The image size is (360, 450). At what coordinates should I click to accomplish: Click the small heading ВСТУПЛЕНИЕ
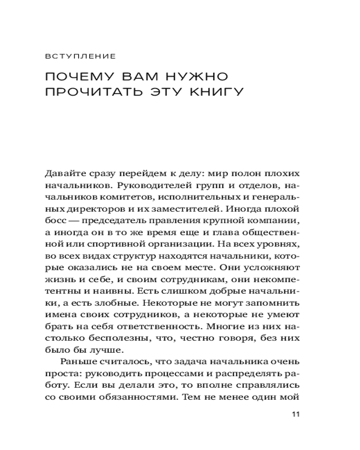coord(81,57)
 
